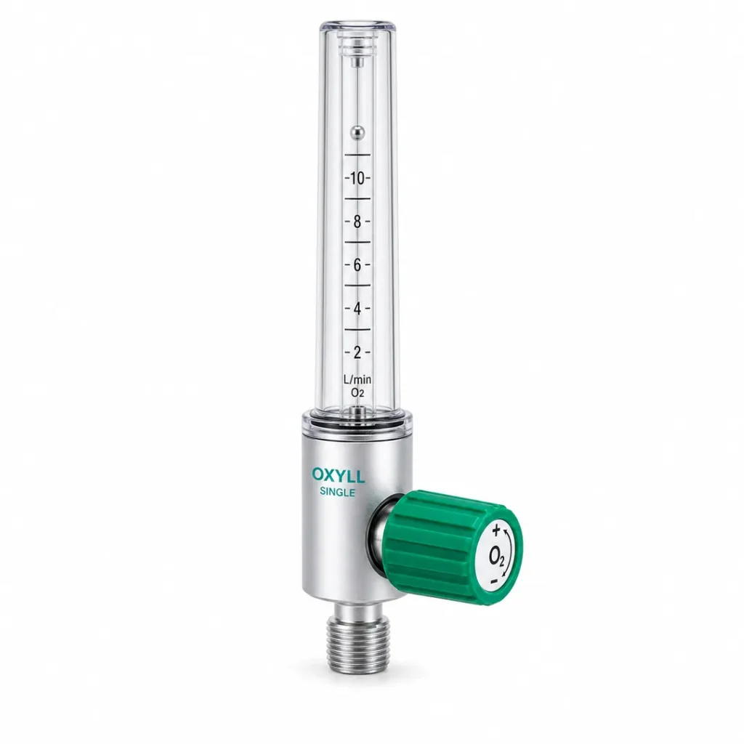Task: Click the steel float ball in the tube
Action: pyautogui.click(x=357, y=133)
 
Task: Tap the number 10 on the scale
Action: pyautogui.click(x=357, y=179)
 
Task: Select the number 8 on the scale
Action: pyautogui.click(x=357, y=222)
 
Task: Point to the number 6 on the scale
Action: pyautogui.click(x=357, y=265)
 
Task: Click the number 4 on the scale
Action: pyautogui.click(x=357, y=309)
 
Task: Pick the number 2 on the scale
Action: pyautogui.click(x=357, y=352)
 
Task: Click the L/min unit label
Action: pyautogui.click(x=357, y=379)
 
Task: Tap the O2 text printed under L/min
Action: pyautogui.click(x=357, y=392)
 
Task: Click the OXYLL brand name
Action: pyautogui.click(x=339, y=475)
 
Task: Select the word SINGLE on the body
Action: pyautogui.click(x=337, y=493)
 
